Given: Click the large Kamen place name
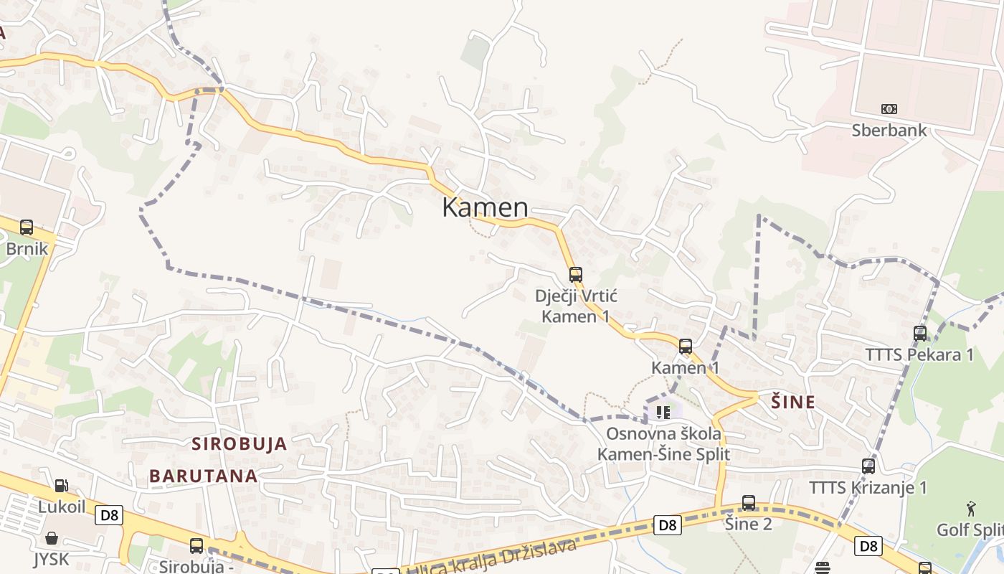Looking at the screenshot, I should click(485, 207).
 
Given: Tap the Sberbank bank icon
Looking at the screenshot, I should click(889, 109).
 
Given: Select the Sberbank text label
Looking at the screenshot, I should click(889, 131).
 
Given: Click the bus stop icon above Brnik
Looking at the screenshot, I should click(27, 227).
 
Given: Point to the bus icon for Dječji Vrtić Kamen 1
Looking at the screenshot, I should click(575, 274).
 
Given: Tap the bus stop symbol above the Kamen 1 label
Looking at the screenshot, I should click(686, 347).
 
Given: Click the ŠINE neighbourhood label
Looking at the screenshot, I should click(792, 402).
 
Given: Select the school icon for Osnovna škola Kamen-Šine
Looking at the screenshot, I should click(663, 412).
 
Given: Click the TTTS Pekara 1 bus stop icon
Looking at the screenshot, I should click(919, 333).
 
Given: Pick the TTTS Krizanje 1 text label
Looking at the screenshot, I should click(868, 488).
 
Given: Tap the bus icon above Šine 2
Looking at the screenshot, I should click(749, 502).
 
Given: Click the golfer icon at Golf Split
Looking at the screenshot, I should click(971, 509).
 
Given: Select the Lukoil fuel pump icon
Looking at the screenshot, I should click(62, 486).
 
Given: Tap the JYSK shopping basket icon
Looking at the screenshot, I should click(52, 537).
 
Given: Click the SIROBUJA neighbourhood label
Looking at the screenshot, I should click(239, 443).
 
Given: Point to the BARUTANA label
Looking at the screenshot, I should click(204, 476).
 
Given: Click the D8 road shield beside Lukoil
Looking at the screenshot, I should click(110, 514).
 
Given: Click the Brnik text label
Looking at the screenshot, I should click(27, 249).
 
